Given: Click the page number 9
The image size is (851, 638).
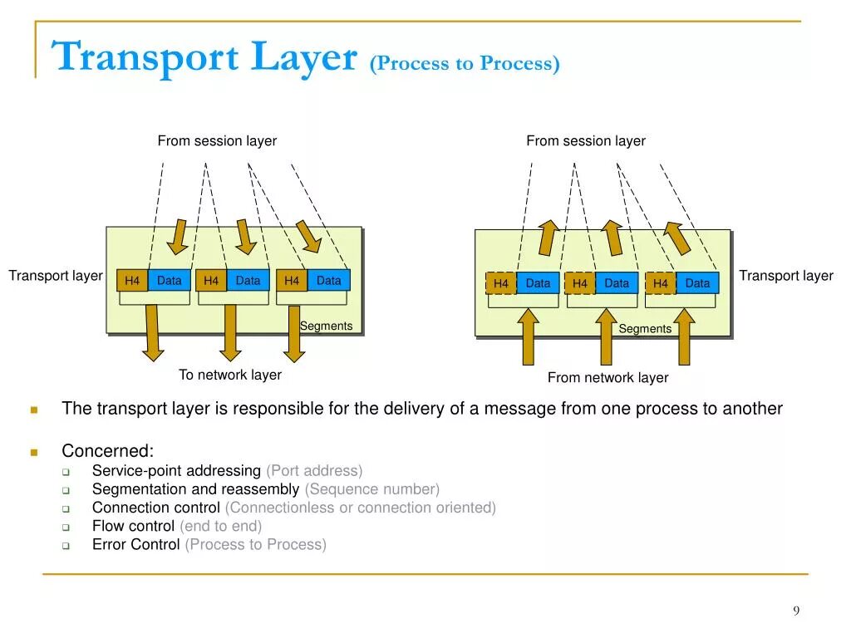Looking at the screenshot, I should tap(796, 611).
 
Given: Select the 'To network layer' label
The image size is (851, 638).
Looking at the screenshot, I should tap(230, 375).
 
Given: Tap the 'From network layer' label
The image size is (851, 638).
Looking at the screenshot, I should tap(608, 378).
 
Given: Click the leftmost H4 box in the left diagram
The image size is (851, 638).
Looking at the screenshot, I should tap(132, 281).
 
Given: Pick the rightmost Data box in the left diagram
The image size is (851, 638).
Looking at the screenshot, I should tap(329, 281).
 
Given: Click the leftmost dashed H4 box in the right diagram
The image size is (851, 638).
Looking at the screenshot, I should tap(500, 283).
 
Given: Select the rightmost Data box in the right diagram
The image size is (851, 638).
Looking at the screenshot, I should tap(697, 283).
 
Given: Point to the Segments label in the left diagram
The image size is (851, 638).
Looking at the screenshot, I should tap(326, 326).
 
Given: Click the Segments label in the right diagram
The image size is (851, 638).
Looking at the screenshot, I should tap(645, 329).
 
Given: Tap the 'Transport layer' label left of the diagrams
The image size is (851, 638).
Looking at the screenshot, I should tap(56, 276).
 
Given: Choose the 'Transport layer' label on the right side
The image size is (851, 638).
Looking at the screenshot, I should tap(786, 276).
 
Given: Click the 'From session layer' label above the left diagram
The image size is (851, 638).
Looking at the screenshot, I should tap(217, 141).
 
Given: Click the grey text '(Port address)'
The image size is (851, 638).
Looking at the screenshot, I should tap(314, 471).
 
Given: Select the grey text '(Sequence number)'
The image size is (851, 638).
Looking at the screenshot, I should tap(372, 489).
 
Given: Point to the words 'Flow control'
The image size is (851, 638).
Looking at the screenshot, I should tap(133, 526).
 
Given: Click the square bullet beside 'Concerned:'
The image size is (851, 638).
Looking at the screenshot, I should tap(34, 453).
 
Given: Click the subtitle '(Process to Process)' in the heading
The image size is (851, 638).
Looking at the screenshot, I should tap(465, 64).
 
